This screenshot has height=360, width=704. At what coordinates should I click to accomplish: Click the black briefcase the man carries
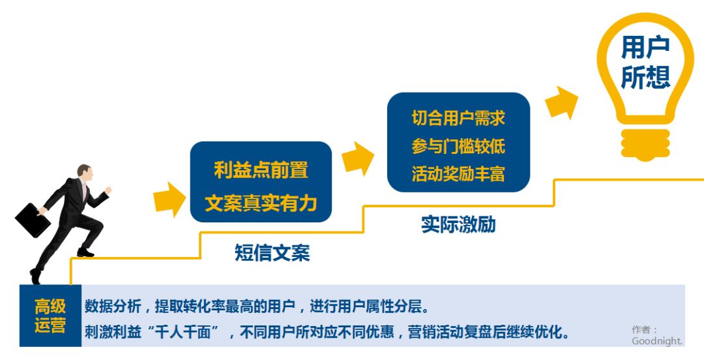33,220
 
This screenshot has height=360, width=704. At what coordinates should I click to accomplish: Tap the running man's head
85,172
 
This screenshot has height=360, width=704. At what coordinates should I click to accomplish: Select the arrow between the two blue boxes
357,159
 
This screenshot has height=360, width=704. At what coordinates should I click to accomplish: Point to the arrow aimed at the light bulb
561,103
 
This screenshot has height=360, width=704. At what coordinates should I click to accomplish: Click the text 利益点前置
261,170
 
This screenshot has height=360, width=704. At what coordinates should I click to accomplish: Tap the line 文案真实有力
261,203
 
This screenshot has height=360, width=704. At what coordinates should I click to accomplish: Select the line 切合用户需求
458,118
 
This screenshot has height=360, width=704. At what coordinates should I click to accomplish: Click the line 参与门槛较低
458,146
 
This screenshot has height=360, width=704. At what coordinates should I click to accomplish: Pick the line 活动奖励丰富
458,174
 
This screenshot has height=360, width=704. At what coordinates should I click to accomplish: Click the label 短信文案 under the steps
272,252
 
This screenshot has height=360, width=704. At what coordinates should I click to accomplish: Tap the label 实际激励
458,224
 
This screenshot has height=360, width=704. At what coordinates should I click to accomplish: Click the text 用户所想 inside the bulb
645,63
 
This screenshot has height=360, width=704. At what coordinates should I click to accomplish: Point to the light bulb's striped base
645,145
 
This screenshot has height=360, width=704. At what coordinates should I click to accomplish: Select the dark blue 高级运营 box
50,316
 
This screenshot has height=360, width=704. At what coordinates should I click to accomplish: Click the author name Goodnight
657,341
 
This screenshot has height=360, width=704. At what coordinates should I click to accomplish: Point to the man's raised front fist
108,190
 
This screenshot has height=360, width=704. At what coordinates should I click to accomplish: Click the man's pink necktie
84,190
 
